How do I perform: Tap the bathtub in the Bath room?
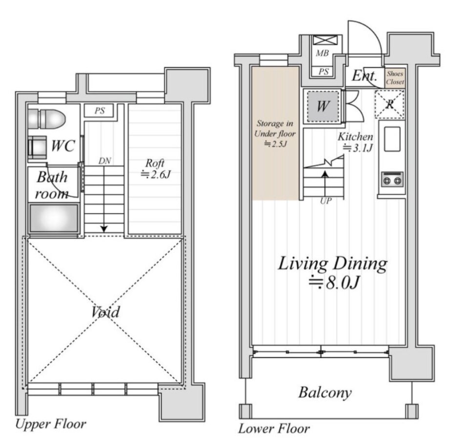tap(54, 218)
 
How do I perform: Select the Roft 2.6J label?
tap(156, 169)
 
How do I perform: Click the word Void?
tap(105, 312)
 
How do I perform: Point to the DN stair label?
tap(104, 161)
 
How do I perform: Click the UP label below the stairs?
tap(326, 201)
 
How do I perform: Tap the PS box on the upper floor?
tap(99, 111)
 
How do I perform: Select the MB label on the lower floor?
tap(322, 53)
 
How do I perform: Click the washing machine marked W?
tap(323, 106)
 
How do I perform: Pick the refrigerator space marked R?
tap(389, 104)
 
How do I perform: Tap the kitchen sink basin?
tap(392, 139)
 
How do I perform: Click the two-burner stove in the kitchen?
tap(392, 179)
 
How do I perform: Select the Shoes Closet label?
tap(395, 77)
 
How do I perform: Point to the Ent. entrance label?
tap(364, 76)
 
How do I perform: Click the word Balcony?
tap(325, 392)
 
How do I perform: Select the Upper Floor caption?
tap(50, 424)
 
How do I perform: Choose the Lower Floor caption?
tap(274, 428)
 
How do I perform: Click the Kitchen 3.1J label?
tap(356, 142)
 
